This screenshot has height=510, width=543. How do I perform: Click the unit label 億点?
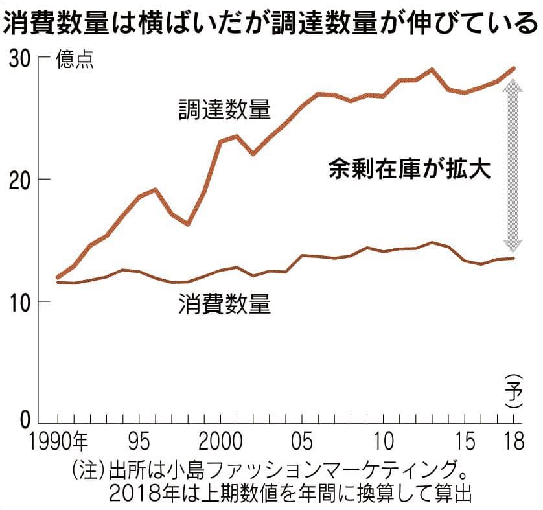pos(75,60)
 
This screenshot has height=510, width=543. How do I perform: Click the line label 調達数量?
pos(224,109)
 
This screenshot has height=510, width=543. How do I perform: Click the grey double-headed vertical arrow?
pos(513,165)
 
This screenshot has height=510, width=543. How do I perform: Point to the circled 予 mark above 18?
pos(514,391)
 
